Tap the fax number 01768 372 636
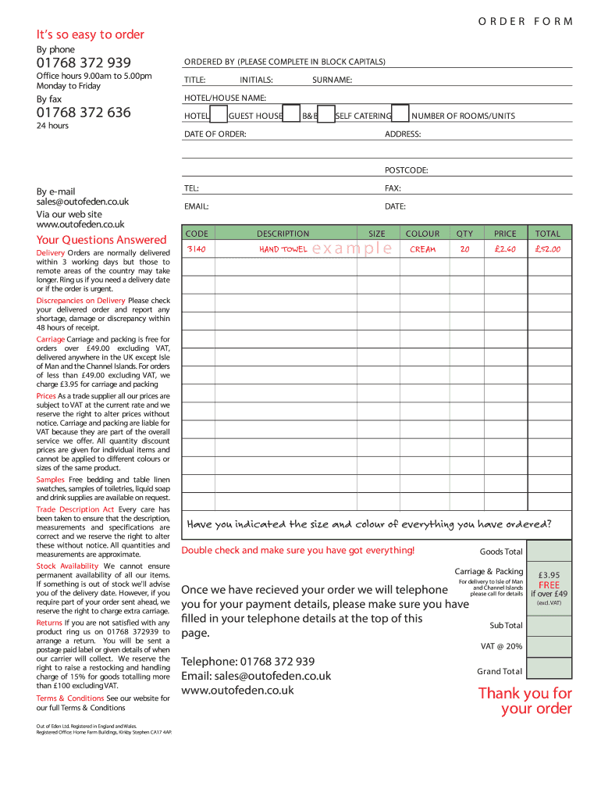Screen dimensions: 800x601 click(x=84, y=112)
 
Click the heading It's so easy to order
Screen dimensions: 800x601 click(x=90, y=34)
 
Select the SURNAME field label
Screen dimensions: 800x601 click(x=332, y=80)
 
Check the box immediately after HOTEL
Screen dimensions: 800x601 click(x=219, y=115)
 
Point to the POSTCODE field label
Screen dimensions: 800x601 click(x=406, y=170)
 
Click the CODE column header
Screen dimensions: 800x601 click(x=197, y=234)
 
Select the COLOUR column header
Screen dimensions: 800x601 click(x=422, y=234)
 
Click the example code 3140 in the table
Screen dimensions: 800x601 click(x=197, y=249)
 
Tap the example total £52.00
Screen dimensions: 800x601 click(x=547, y=249)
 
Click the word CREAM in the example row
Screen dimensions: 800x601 click(x=422, y=249)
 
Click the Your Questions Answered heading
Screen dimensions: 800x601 click(x=101, y=240)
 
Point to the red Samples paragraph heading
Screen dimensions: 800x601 click(x=51, y=479)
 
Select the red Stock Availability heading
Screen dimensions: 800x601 click(x=67, y=566)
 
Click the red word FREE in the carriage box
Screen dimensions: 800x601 click(x=549, y=584)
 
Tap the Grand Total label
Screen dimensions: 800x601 click(x=500, y=671)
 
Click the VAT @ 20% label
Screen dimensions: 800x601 click(x=501, y=646)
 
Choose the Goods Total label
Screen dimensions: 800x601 click(x=501, y=552)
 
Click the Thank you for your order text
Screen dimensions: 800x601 click(x=525, y=701)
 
